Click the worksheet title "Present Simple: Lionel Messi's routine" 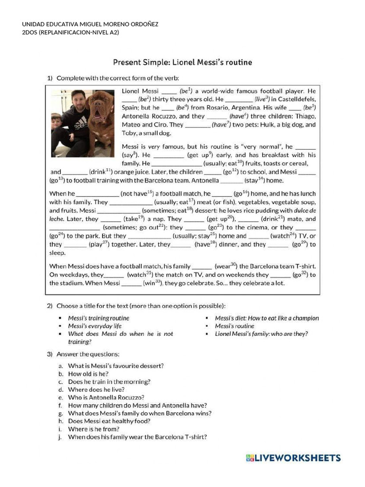[x=182, y=62]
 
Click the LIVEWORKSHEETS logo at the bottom [x=293, y=458]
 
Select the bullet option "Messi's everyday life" [x=95, y=326]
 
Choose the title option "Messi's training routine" [x=98, y=318]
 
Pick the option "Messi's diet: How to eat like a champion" [x=267, y=318]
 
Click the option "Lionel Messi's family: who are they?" [x=261, y=334]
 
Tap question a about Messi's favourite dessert [x=116, y=366]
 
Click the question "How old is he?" [x=88, y=374]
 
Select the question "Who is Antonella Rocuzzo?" [x=106, y=397]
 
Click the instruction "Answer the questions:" [x=88, y=354]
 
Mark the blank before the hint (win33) [x=132, y=284]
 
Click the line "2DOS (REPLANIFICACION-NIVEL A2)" [x=64, y=32]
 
